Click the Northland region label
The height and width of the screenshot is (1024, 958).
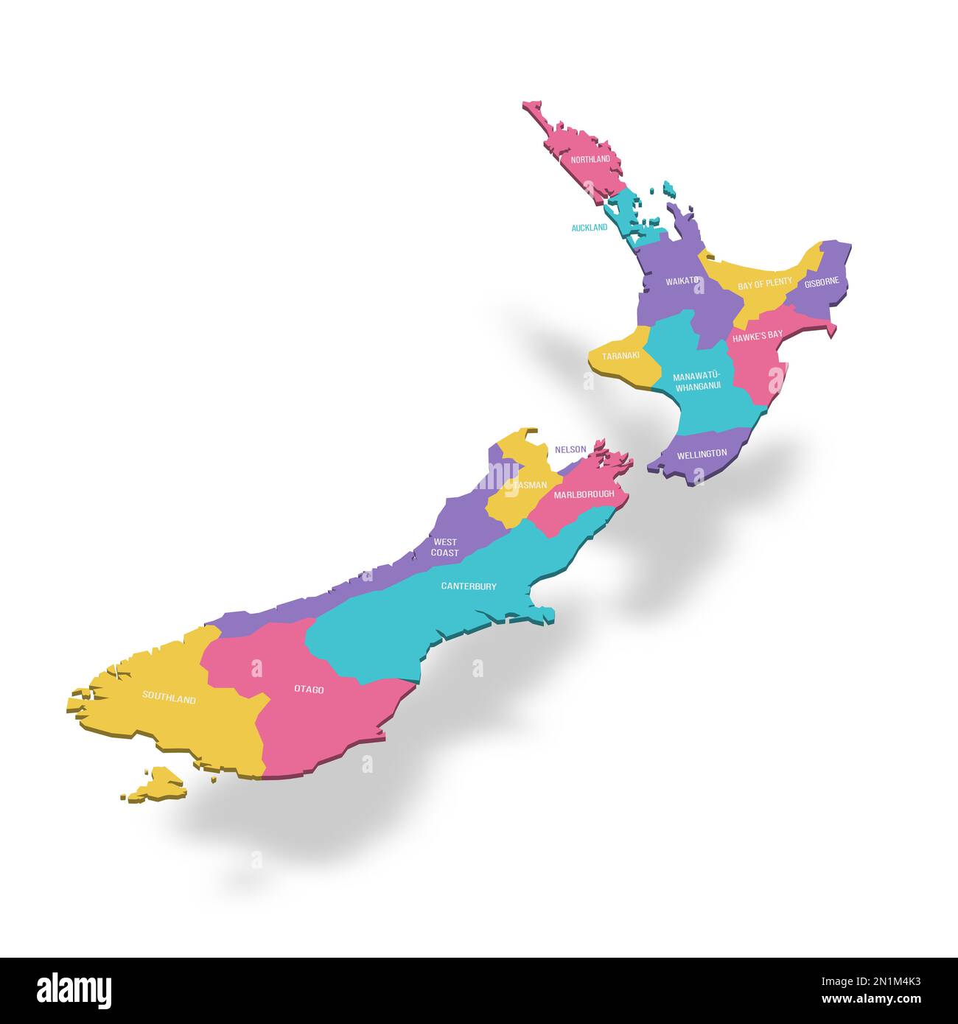click(x=590, y=159)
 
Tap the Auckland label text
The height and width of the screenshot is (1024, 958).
click(x=590, y=228)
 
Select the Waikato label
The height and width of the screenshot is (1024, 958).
click(x=682, y=281)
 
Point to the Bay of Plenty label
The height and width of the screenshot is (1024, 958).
click(x=765, y=282)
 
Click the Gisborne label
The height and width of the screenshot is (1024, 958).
click(x=822, y=282)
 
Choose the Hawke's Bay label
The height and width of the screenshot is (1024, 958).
click(x=758, y=335)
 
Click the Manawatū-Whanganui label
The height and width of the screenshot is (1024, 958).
click(x=697, y=380)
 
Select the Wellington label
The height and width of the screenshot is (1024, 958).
click(x=702, y=454)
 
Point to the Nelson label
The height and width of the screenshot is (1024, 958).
click(x=570, y=449)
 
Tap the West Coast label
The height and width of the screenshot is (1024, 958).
click(x=445, y=547)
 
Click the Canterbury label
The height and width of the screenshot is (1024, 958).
click(x=469, y=586)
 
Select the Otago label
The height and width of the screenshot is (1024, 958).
click(x=309, y=690)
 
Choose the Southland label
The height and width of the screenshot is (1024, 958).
click(x=169, y=698)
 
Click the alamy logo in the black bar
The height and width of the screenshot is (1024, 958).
click(x=74, y=991)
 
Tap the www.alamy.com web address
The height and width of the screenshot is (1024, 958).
click(x=871, y=1000)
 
